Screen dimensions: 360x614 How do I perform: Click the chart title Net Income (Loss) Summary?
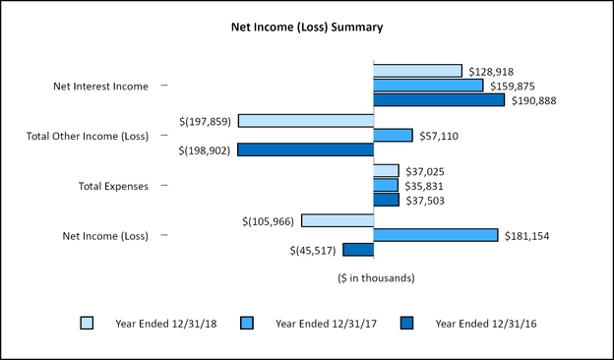(307, 27)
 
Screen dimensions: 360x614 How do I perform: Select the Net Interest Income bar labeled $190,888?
(439, 99)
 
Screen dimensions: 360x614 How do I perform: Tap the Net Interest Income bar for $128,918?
(417, 71)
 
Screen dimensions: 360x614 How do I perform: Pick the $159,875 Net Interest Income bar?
(428, 86)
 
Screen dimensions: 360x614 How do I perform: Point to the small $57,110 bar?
(393, 135)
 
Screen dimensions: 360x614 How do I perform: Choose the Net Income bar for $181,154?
(436, 235)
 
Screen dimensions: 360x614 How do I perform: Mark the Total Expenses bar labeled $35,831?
(386, 185)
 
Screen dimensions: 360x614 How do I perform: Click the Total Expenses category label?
(112, 186)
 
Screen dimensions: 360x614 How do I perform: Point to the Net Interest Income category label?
(100, 87)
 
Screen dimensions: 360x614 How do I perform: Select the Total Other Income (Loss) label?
(87, 136)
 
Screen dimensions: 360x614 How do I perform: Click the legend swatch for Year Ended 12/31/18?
(88, 323)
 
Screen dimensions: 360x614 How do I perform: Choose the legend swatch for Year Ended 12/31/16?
(407, 323)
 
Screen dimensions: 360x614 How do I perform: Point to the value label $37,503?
(425, 201)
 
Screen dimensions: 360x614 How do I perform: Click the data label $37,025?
(425, 171)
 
